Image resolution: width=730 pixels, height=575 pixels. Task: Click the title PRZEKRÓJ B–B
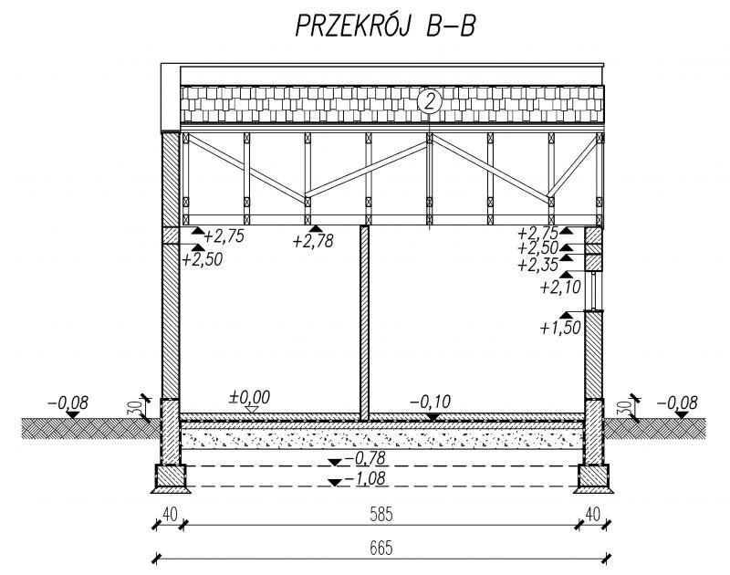(x=385, y=26)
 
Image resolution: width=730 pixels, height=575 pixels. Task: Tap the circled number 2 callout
(x=429, y=101)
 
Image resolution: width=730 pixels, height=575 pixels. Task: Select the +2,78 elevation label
(x=313, y=241)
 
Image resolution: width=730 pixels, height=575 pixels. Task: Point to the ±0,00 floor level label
(x=249, y=397)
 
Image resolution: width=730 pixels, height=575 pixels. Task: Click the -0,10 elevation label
(x=430, y=402)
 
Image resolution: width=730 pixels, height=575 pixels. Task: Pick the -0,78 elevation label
(x=365, y=458)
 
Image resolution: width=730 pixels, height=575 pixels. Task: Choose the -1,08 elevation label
(x=365, y=478)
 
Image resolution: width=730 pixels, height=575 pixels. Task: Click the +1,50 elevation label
(x=560, y=328)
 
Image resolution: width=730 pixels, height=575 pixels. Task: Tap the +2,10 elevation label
(x=560, y=287)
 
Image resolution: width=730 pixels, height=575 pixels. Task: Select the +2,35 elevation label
(x=538, y=265)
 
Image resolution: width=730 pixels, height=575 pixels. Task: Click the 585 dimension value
(x=381, y=515)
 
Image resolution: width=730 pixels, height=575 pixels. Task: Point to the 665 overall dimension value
(x=381, y=549)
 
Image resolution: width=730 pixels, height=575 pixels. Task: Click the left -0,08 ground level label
(x=68, y=402)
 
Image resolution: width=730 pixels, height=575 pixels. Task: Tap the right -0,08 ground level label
(x=677, y=402)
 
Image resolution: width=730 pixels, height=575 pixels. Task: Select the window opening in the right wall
(x=594, y=291)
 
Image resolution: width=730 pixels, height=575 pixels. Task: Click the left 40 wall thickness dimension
(x=170, y=515)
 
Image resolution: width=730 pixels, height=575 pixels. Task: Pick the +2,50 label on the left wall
(x=202, y=259)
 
